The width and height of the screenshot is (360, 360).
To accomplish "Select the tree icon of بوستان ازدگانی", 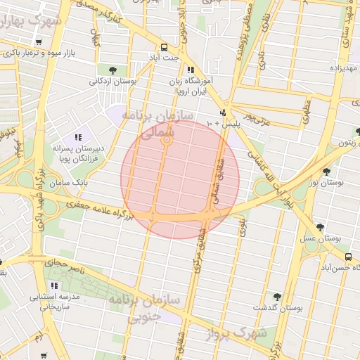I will (113, 69).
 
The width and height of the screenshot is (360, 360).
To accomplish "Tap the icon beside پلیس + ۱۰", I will (224, 112).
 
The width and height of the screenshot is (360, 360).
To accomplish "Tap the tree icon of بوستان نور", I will (326, 172).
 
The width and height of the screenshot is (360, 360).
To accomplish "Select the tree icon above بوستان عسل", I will (320, 227).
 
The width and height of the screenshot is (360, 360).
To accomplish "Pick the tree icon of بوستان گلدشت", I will (277, 297).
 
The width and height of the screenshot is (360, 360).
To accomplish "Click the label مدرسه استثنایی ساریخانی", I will (55, 301).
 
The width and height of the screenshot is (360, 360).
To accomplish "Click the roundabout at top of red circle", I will (167, 141).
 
